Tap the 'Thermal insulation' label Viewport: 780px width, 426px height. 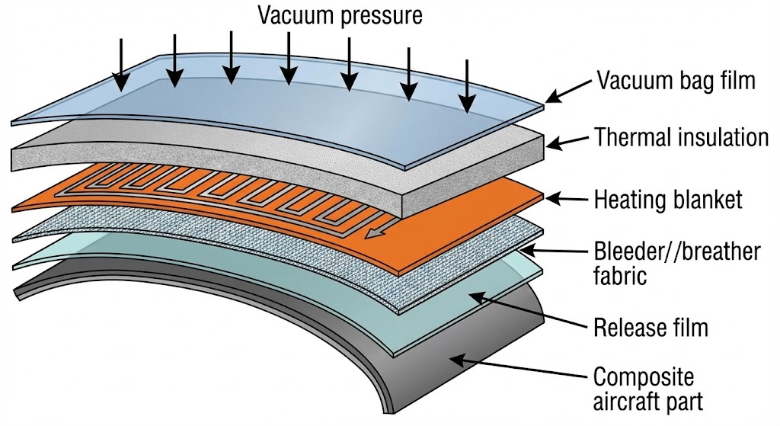(x=681, y=138)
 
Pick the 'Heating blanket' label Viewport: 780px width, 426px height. (x=668, y=200)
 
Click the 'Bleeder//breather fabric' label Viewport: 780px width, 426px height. (x=676, y=261)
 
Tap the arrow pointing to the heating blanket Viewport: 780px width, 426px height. (x=564, y=199)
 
